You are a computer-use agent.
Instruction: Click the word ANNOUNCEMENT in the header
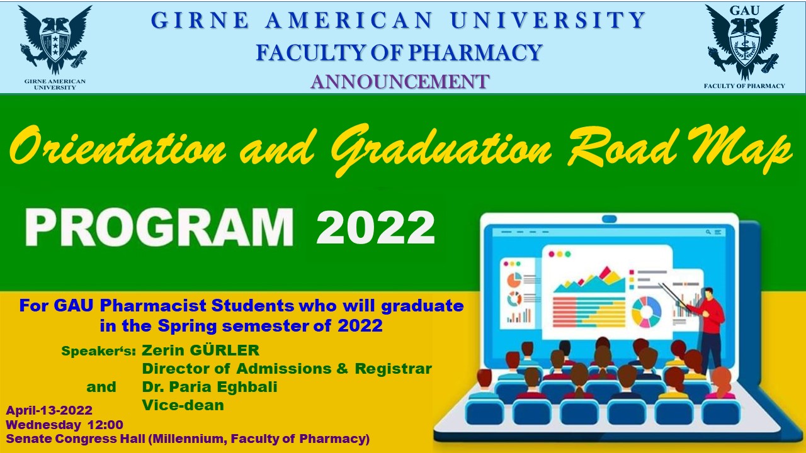(x=400, y=82)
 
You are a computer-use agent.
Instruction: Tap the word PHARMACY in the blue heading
(x=475, y=52)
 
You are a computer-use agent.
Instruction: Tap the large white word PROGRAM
(x=159, y=227)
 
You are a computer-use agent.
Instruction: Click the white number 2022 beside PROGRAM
(x=375, y=228)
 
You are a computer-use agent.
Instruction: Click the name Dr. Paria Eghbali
(x=210, y=387)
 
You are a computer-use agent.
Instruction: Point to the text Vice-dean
(x=183, y=405)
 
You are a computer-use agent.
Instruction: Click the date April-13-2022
(x=49, y=410)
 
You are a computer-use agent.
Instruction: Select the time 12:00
(x=105, y=425)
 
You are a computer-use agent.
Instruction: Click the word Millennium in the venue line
(x=186, y=439)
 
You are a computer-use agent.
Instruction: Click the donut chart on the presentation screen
(x=647, y=312)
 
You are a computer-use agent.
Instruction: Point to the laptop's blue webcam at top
(x=609, y=219)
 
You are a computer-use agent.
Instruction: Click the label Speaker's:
(x=99, y=351)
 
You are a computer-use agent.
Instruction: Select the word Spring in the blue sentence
(x=187, y=327)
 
